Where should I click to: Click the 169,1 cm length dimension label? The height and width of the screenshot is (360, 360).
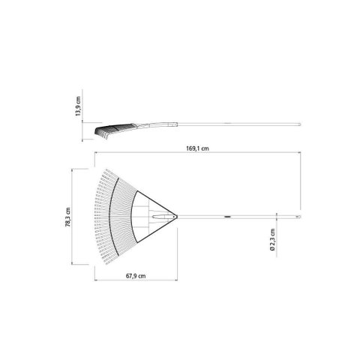tap(197, 149)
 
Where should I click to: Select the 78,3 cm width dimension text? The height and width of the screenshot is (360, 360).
tap(67, 217)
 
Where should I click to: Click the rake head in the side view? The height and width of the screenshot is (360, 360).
tap(109, 130)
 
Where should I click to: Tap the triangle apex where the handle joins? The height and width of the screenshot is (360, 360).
tap(175, 217)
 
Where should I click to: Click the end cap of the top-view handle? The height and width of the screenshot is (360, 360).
tap(297, 217)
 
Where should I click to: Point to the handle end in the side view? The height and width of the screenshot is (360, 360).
tap(298, 124)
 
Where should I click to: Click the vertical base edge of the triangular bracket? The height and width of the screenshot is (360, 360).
tap(136, 217)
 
